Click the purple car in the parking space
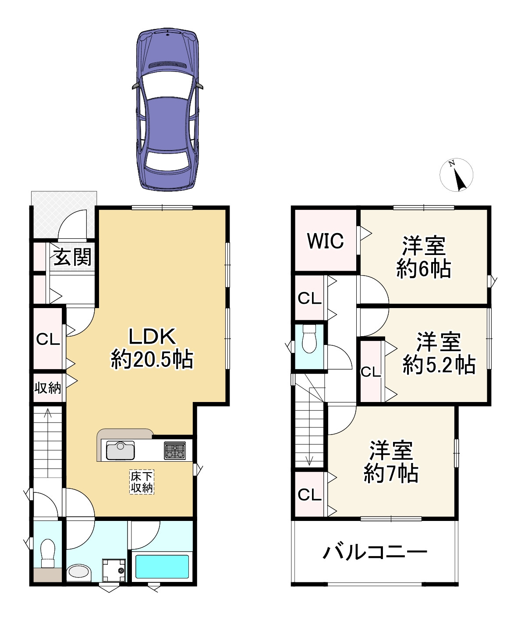pos(167,110)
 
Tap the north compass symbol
pos(456,175)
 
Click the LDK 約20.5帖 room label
pos(152,348)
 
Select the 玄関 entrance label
pos(73,257)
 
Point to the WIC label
pos(325,241)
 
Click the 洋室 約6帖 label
pos(424,257)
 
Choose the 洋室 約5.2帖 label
pos(439,354)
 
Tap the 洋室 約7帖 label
pos(391,462)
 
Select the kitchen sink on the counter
pos(120,451)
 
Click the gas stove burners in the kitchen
pos(174,451)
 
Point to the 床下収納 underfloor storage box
pos(142,482)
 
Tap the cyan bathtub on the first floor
pos(162,567)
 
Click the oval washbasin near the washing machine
pos(79,572)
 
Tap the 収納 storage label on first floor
pos(48,388)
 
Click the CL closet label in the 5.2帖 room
pos(371,372)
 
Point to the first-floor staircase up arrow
pos(47,413)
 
